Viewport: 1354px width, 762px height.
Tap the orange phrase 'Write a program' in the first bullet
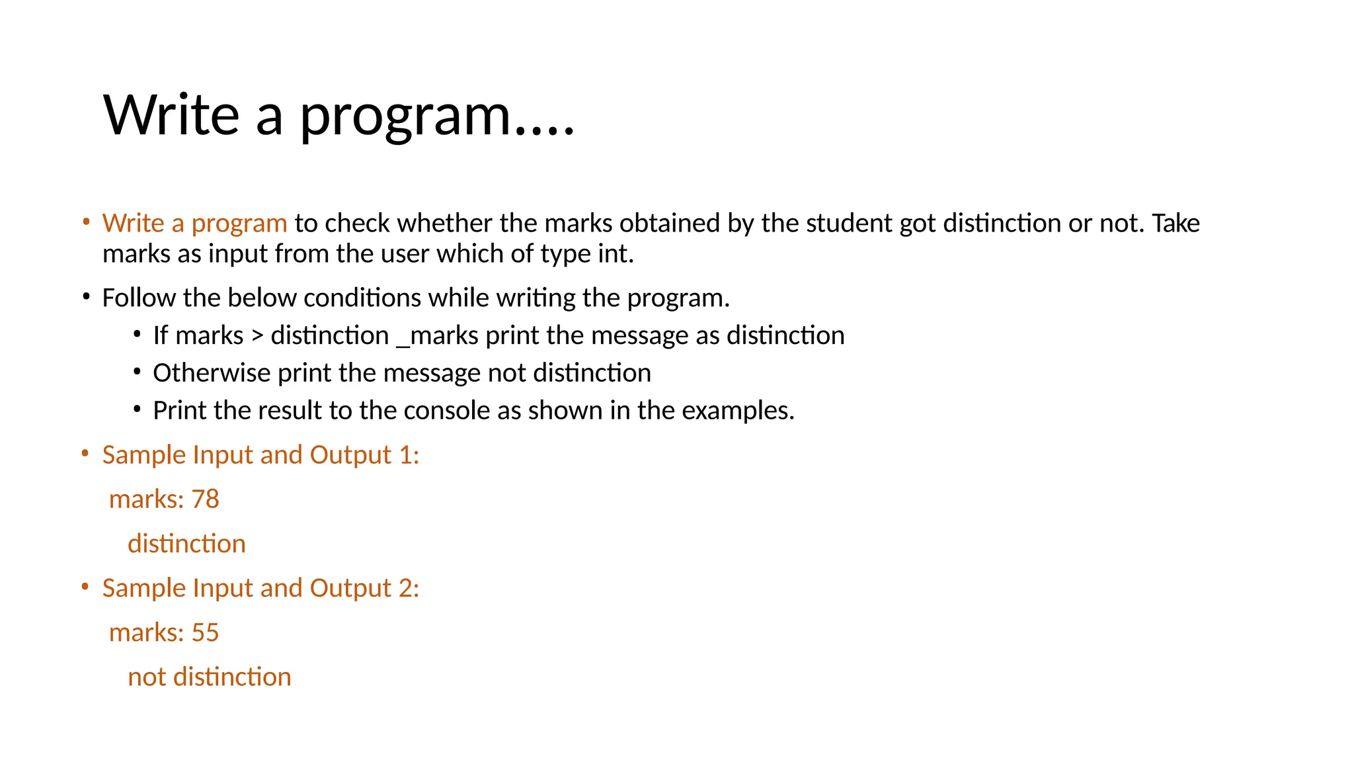(x=194, y=224)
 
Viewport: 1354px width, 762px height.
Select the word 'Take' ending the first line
(x=1175, y=224)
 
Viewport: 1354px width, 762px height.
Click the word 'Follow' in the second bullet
(x=139, y=298)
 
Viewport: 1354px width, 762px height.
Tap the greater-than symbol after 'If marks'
(x=257, y=336)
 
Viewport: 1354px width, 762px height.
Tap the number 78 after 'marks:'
(x=205, y=499)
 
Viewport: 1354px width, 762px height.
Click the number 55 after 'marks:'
(x=205, y=633)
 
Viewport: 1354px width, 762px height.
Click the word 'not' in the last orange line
(x=147, y=677)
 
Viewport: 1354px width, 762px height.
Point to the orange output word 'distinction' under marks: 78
(x=186, y=544)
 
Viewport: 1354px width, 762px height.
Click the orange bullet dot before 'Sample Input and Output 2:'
(x=85, y=587)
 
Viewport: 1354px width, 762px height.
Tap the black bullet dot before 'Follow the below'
(x=85, y=297)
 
